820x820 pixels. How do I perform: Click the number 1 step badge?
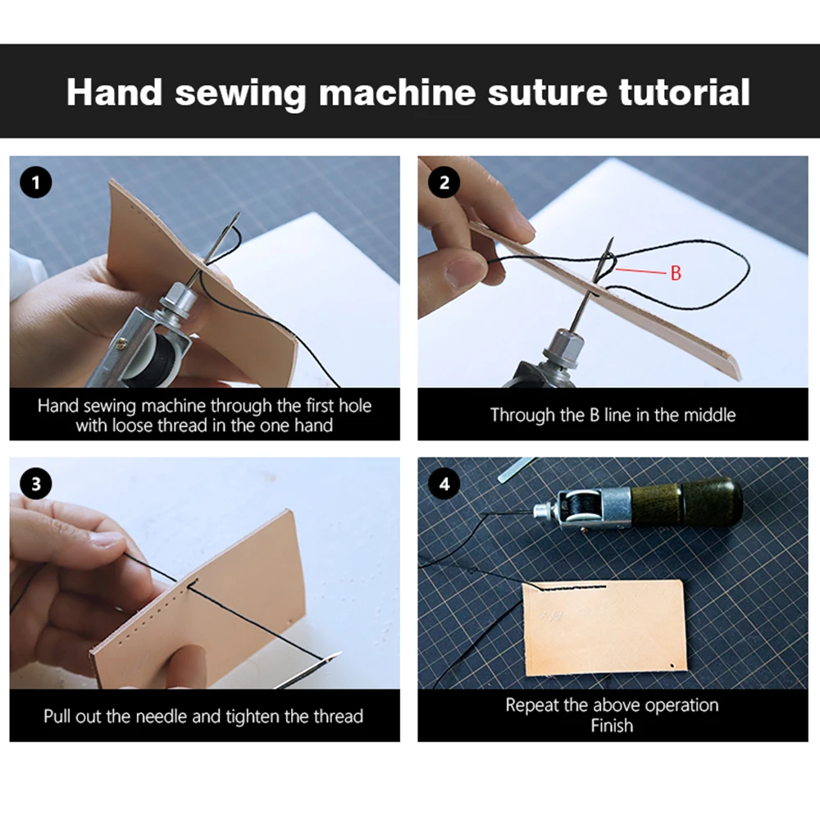tap(35, 183)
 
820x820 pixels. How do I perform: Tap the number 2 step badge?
tap(444, 183)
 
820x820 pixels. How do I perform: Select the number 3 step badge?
tap(35, 484)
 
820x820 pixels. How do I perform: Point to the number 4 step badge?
tap(444, 484)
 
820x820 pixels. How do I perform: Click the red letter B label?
tap(676, 273)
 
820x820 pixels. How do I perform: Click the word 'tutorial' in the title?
tap(684, 93)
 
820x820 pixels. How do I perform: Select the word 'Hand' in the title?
tap(114, 93)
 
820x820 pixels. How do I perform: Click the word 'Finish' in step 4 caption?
tap(612, 726)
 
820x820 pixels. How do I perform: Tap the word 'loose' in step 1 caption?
tap(132, 425)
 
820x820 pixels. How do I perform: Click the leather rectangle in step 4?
tap(605, 627)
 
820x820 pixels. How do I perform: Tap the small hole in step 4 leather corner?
tap(672, 666)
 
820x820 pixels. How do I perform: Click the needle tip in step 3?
tap(340, 653)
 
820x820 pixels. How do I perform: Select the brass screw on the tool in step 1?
tap(121, 343)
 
